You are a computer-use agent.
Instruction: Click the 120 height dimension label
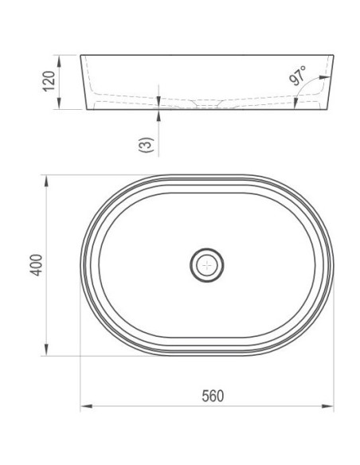49,81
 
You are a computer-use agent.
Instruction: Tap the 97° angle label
297,76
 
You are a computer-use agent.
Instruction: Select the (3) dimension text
147,145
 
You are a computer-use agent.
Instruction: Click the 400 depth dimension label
37,265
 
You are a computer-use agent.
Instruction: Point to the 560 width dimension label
213,397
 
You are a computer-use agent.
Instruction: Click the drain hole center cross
207,265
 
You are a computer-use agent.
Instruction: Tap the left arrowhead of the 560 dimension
86,406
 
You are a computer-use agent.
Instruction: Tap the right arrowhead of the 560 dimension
327,406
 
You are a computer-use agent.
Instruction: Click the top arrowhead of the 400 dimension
46,181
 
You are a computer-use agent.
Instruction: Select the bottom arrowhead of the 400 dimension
46,350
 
